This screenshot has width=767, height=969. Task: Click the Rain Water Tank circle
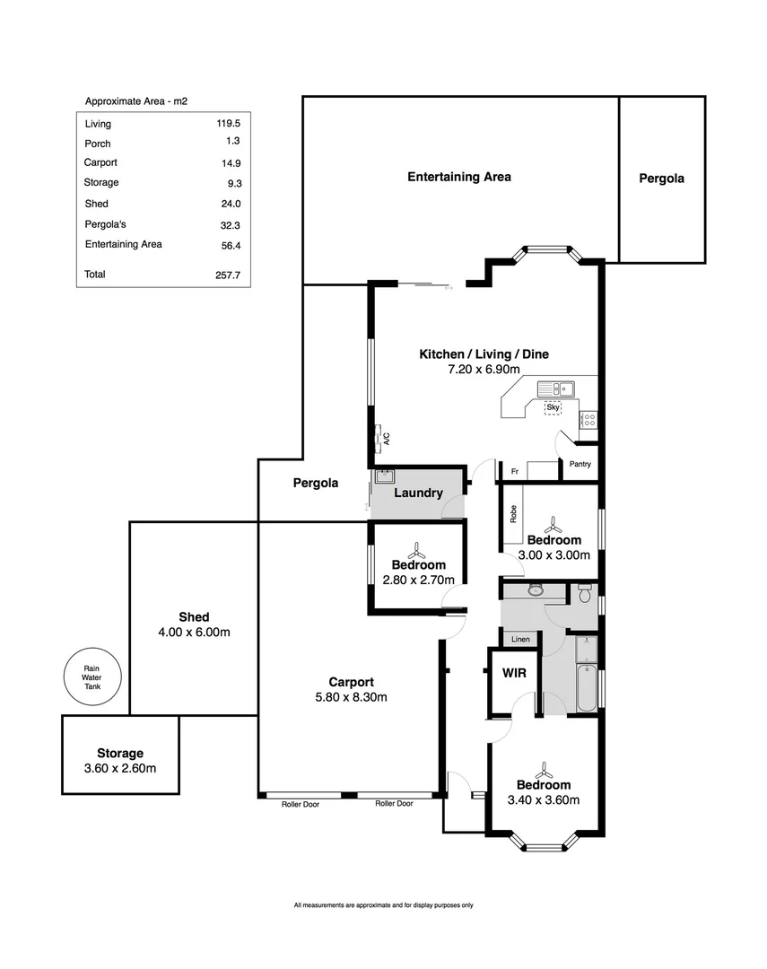pyautogui.click(x=92, y=676)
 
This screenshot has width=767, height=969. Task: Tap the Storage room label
pyautogui.click(x=120, y=754)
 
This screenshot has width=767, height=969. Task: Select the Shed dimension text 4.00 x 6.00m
pyautogui.click(x=194, y=633)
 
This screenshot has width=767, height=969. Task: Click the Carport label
pyautogui.click(x=350, y=681)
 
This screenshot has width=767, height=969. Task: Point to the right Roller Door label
pyautogui.click(x=394, y=804)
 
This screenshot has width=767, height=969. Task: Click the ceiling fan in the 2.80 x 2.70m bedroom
pyautogui.click(x=417, y=548)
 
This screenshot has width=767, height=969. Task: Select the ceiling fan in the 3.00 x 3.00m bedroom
pyautogui.click(x=553, y=523)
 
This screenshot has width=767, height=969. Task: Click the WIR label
pyautogui.click(x=513, y=673)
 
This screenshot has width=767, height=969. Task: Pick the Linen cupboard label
pyautogui.click(x=521, y=640)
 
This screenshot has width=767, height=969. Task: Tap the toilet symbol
pyautogui.click(x=585, y=593)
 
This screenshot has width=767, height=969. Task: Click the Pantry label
pyautogui.click(x=580, y=464)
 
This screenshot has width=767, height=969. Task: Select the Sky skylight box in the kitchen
pyautogui.click(x=553, y=408)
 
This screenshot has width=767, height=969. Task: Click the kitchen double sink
pyautogui.click(x=556, y=388)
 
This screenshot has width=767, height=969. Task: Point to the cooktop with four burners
pyautogui.click(x=588, y=419)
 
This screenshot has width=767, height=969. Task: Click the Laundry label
pyautogui.click(x=417, y=493)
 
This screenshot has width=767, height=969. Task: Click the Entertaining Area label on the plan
pyautogui.click(x=459, y=177)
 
